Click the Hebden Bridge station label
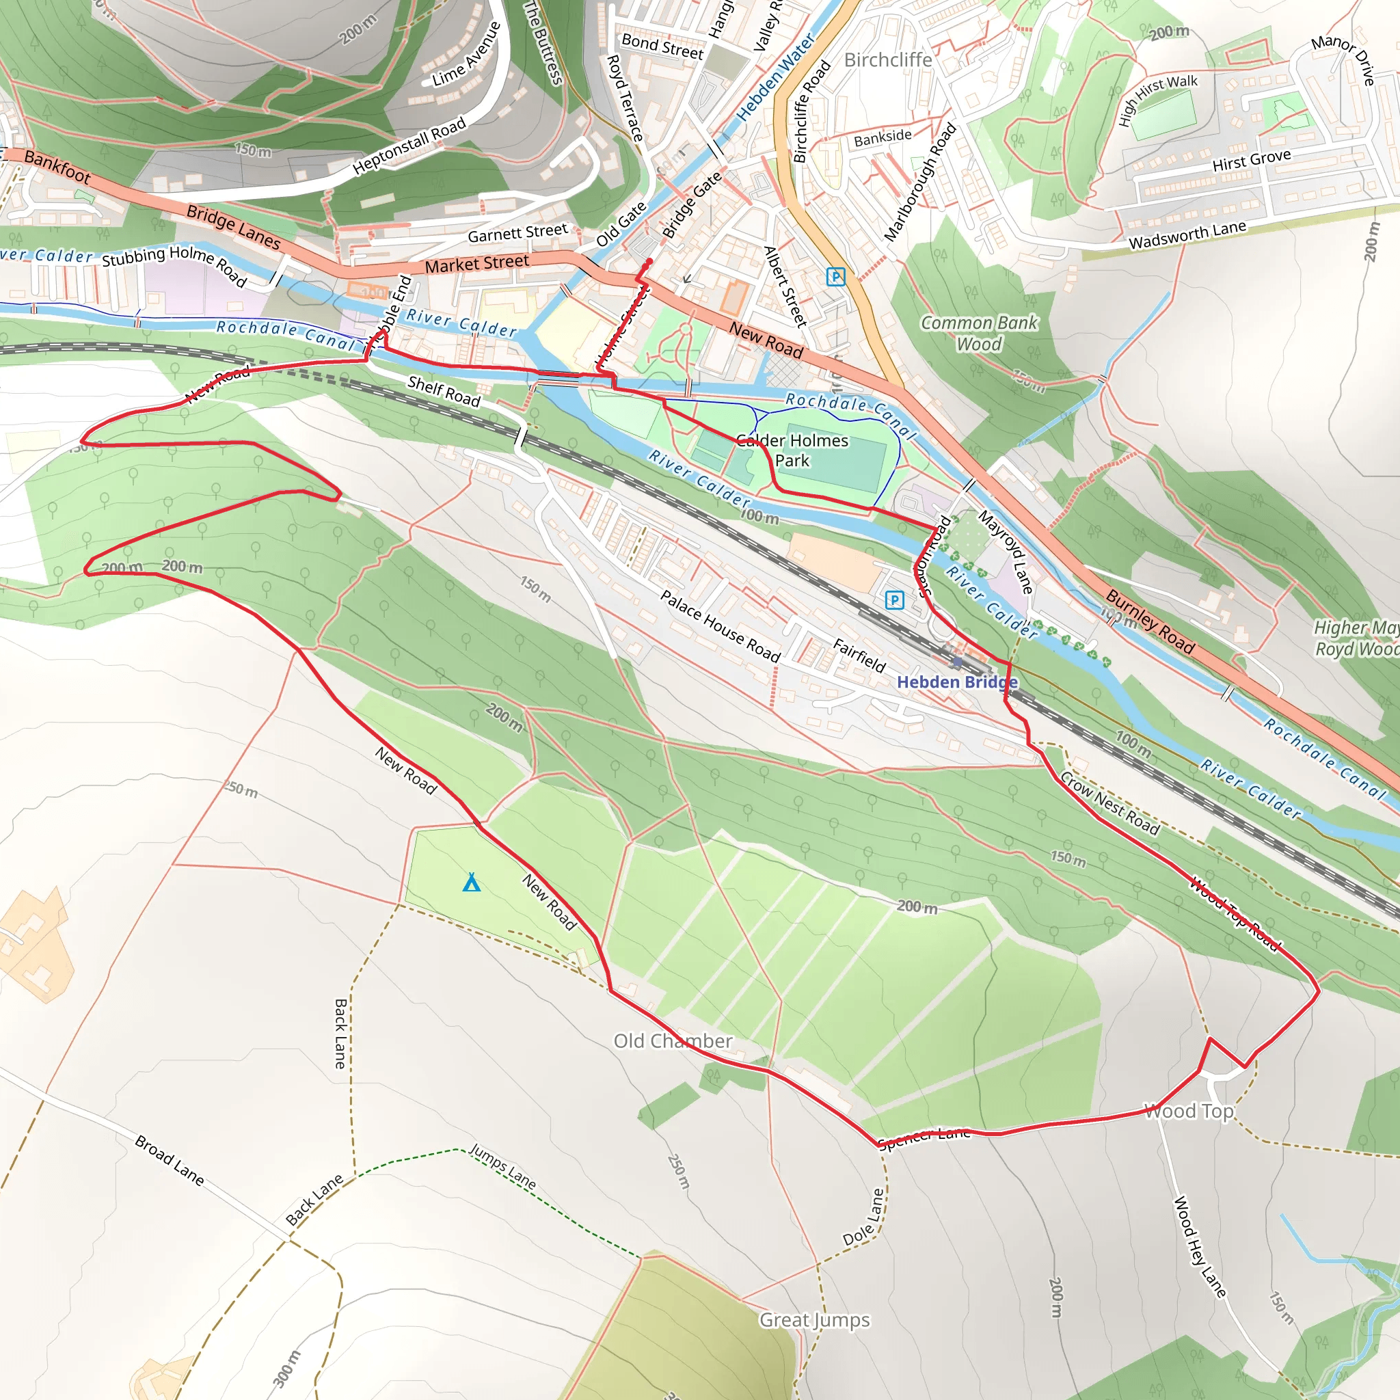(956, 682)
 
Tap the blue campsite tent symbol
(472, 882)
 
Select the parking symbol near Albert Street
(835, 276)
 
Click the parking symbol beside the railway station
(895, 600)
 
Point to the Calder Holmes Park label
(792, 450)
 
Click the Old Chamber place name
(673, 1040)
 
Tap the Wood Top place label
(1188, 1111)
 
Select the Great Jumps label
(813, 1319)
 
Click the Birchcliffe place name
(888, 59)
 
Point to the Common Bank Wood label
(979, 333)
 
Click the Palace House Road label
(720, 626)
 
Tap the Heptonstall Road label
(409, 146)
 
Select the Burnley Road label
(1149, 621)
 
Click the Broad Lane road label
(170, 1160)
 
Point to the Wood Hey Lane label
(1198, 1246)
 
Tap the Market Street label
(477, 264)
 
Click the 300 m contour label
(287, 1368)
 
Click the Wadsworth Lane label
(1187, 234)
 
